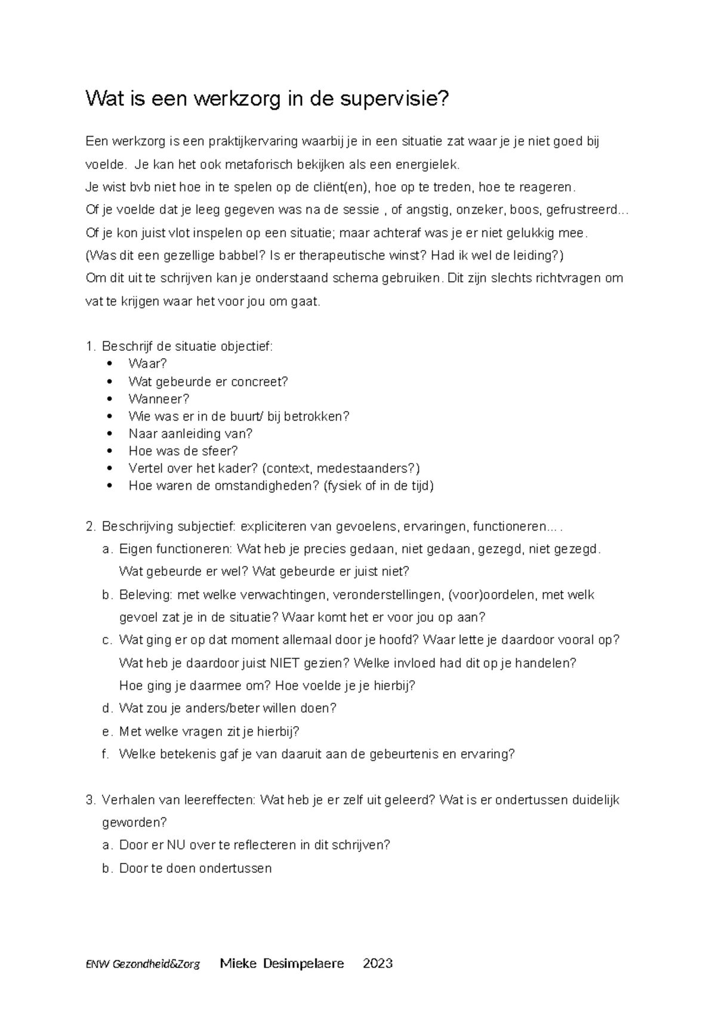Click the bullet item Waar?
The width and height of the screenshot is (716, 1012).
tap(147, 364)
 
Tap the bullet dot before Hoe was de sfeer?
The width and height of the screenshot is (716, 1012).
tap(109, 451)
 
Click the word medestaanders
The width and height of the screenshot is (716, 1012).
tap(368, 468)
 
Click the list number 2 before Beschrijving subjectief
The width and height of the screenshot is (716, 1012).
tap(90, 527)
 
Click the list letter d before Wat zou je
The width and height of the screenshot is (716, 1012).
tap(107, 709)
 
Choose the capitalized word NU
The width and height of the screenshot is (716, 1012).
tap(175, 846)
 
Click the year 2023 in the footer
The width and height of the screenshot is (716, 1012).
tap(378, 964)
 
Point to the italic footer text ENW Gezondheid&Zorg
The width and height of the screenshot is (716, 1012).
tap(143, 964)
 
